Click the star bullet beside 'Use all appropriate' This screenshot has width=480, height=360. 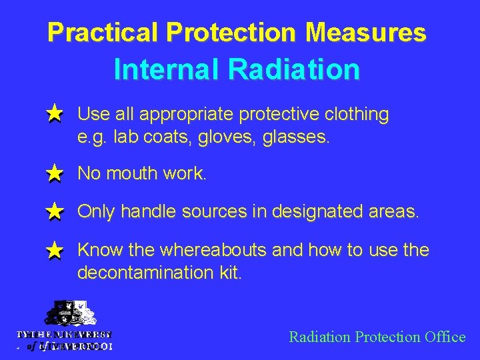(x=55, y=115)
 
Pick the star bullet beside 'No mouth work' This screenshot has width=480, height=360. (x=55, y=175)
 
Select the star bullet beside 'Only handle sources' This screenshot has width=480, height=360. (x=55, y=213)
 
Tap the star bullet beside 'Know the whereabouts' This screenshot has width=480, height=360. (x=55, y=251)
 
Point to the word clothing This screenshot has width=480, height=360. (x=356, y=115)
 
